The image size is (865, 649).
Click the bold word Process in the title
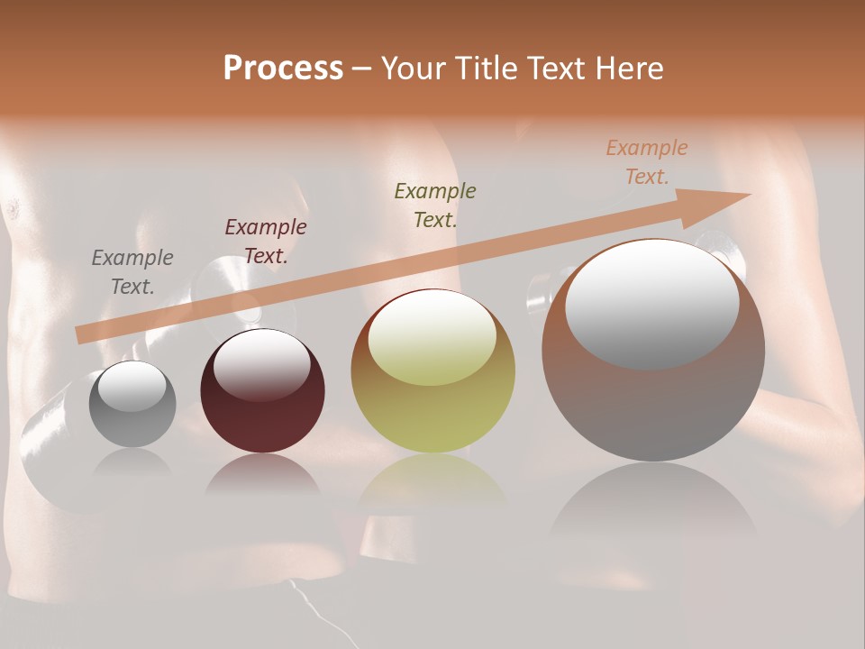click(283, 69)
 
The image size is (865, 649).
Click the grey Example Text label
click(132, 272)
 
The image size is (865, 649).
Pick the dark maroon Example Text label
click(265, 242)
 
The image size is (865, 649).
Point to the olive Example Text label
click(434, 205)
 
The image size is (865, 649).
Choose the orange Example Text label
click(646, 162)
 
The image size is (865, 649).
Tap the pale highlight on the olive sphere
click(432, 338)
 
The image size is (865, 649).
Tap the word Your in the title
click(414, 69)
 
